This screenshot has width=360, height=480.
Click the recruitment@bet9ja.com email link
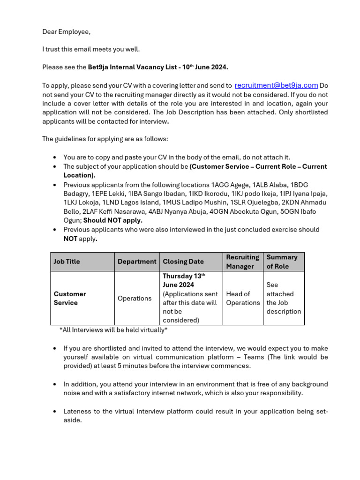[276, 85]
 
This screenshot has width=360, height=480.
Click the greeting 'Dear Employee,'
[66, 31]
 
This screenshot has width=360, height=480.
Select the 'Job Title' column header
[67, 262]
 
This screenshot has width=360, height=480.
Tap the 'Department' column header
[137, 262]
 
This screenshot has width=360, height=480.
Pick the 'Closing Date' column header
[183, 262]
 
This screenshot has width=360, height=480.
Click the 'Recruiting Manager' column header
[242, 262]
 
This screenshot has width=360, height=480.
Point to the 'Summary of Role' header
[282, 262]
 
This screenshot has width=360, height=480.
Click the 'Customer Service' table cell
[70, 298]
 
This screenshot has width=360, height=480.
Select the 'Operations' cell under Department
[135, 298]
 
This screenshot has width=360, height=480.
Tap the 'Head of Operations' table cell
[242, 298]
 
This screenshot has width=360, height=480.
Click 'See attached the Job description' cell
[283, 298]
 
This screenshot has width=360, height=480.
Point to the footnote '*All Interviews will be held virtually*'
[113, 330]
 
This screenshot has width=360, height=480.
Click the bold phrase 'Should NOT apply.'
[113, 220]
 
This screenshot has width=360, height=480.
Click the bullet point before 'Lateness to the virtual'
[55, 412]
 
